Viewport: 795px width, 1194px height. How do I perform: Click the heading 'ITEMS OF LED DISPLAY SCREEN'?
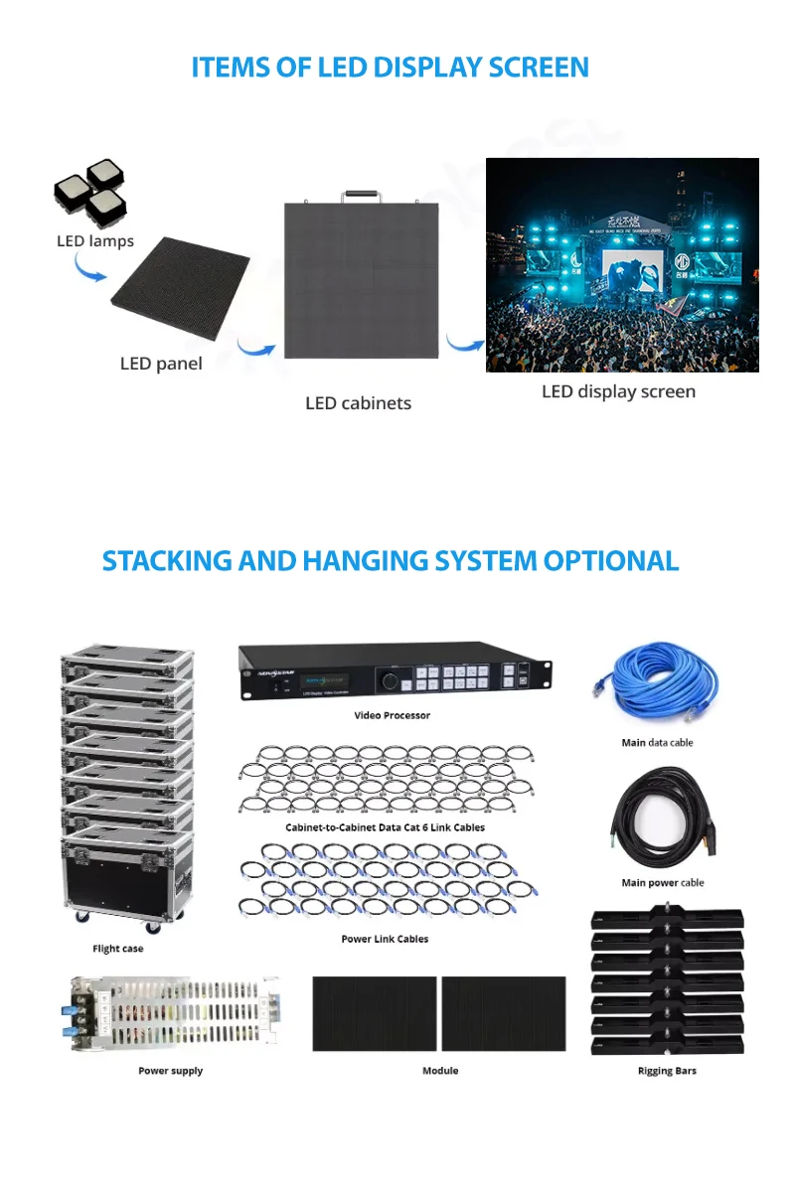pos(390,68)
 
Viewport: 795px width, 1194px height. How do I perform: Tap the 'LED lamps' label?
pos(95,241)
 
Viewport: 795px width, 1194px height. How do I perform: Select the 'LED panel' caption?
pos(161,364)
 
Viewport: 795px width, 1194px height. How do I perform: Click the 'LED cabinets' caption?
pos(358,403)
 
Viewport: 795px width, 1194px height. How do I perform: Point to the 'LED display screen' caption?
pos(618,391)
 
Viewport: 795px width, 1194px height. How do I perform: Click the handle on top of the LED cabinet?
pos(363,196)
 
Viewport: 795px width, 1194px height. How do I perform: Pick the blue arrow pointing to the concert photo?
pos(463,343)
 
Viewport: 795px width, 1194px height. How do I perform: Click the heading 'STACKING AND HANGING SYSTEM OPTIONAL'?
pos(391,560)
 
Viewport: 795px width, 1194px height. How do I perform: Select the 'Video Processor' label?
pos(393,715)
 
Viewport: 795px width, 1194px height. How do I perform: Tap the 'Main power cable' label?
pos(663,882)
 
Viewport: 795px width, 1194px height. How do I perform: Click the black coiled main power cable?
pos(661,820)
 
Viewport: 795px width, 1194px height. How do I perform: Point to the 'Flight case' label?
pos(118,949)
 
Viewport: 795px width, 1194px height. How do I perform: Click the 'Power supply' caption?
pos(171,1071)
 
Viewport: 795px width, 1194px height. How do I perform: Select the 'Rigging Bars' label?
pos(667,1071)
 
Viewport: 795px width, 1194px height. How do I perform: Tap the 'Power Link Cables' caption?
pos(385,939)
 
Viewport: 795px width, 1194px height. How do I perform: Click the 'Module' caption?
pos(440,1071)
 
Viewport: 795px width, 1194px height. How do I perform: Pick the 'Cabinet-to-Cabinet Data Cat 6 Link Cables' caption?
pos(386,827)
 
